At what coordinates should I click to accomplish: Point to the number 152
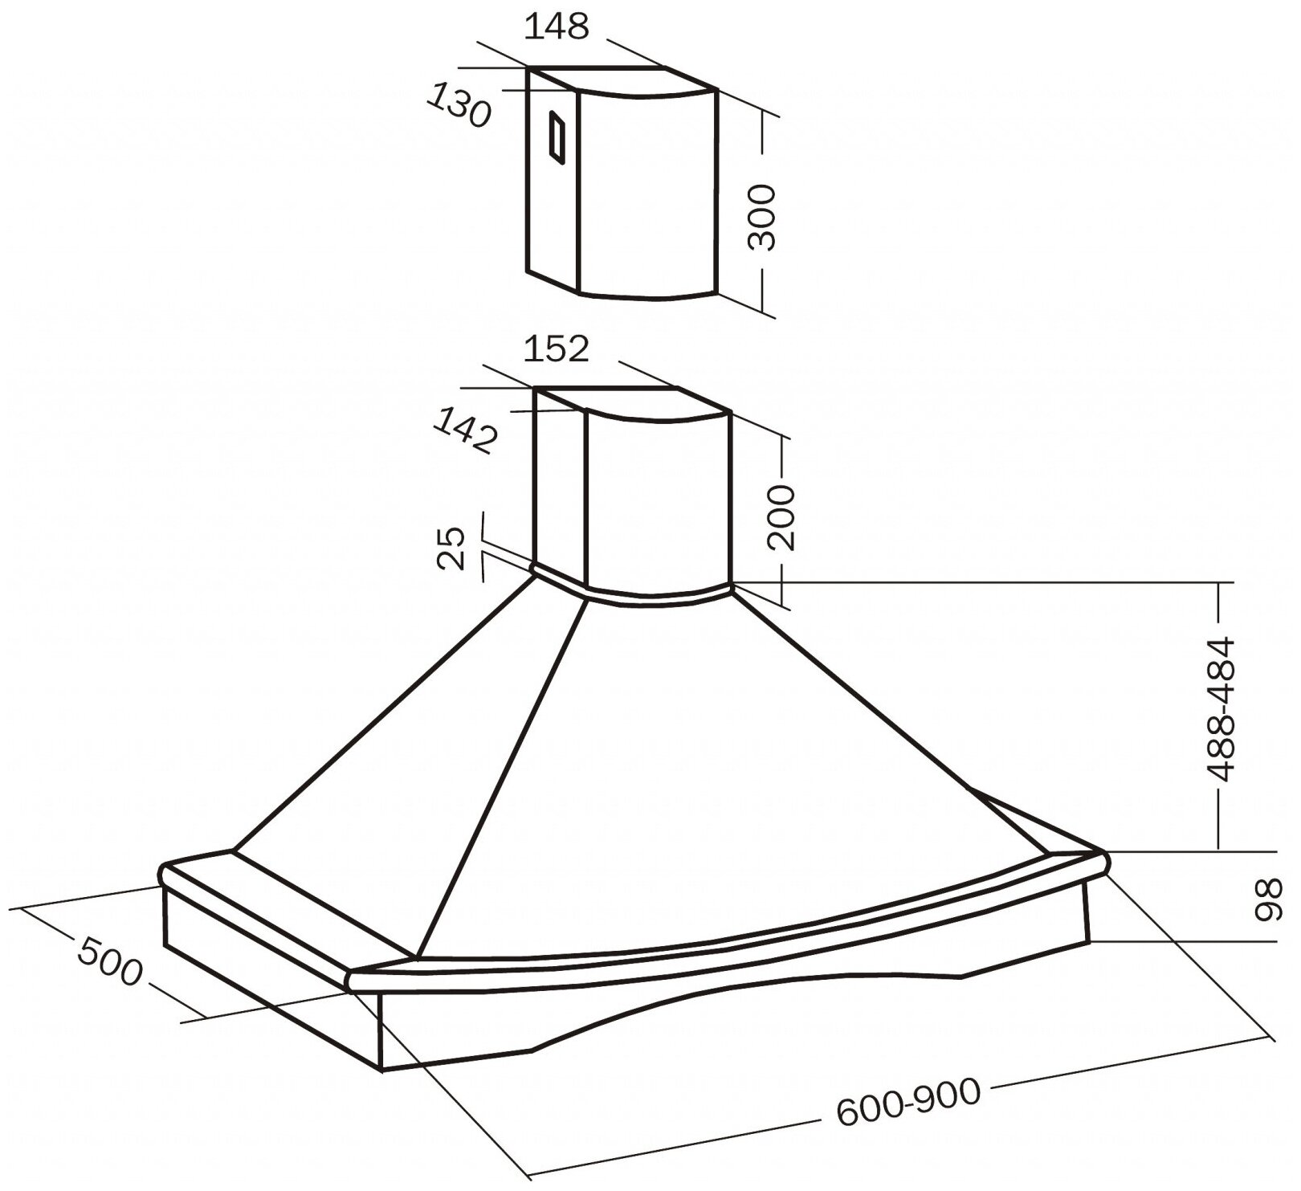(557, 349)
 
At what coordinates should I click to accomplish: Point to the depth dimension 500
(110, 963)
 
